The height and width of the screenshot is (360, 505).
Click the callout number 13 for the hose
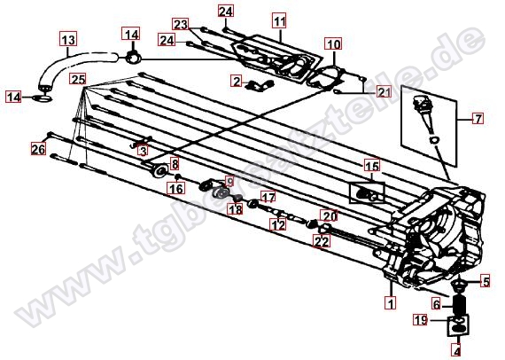(x=68, y=39)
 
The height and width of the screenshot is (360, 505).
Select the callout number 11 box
(x=280, y=21)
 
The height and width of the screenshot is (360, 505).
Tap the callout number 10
(x=333, y=43)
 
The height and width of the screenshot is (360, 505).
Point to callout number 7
(x=478, y=119)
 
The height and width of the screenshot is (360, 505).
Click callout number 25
(x=78, y=79)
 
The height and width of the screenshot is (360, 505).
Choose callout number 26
(x=38, y=149)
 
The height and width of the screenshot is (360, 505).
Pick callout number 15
(x=372, y=167)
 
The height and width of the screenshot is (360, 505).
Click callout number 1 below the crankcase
(x=391, y=303)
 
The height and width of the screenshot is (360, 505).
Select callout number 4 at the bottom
(x=456, y=350)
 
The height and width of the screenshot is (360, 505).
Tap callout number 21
(x=384, y=92)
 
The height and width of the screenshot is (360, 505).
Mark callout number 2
(x=237, y=81)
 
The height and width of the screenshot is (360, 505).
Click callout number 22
(x=322, y=241)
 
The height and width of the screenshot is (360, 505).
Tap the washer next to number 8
(x=160, y=170)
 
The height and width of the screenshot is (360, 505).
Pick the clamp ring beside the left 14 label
(x=42, y=98)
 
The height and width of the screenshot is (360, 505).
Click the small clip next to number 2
(x=260, y=85)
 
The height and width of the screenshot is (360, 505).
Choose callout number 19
(x=421, y=320)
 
